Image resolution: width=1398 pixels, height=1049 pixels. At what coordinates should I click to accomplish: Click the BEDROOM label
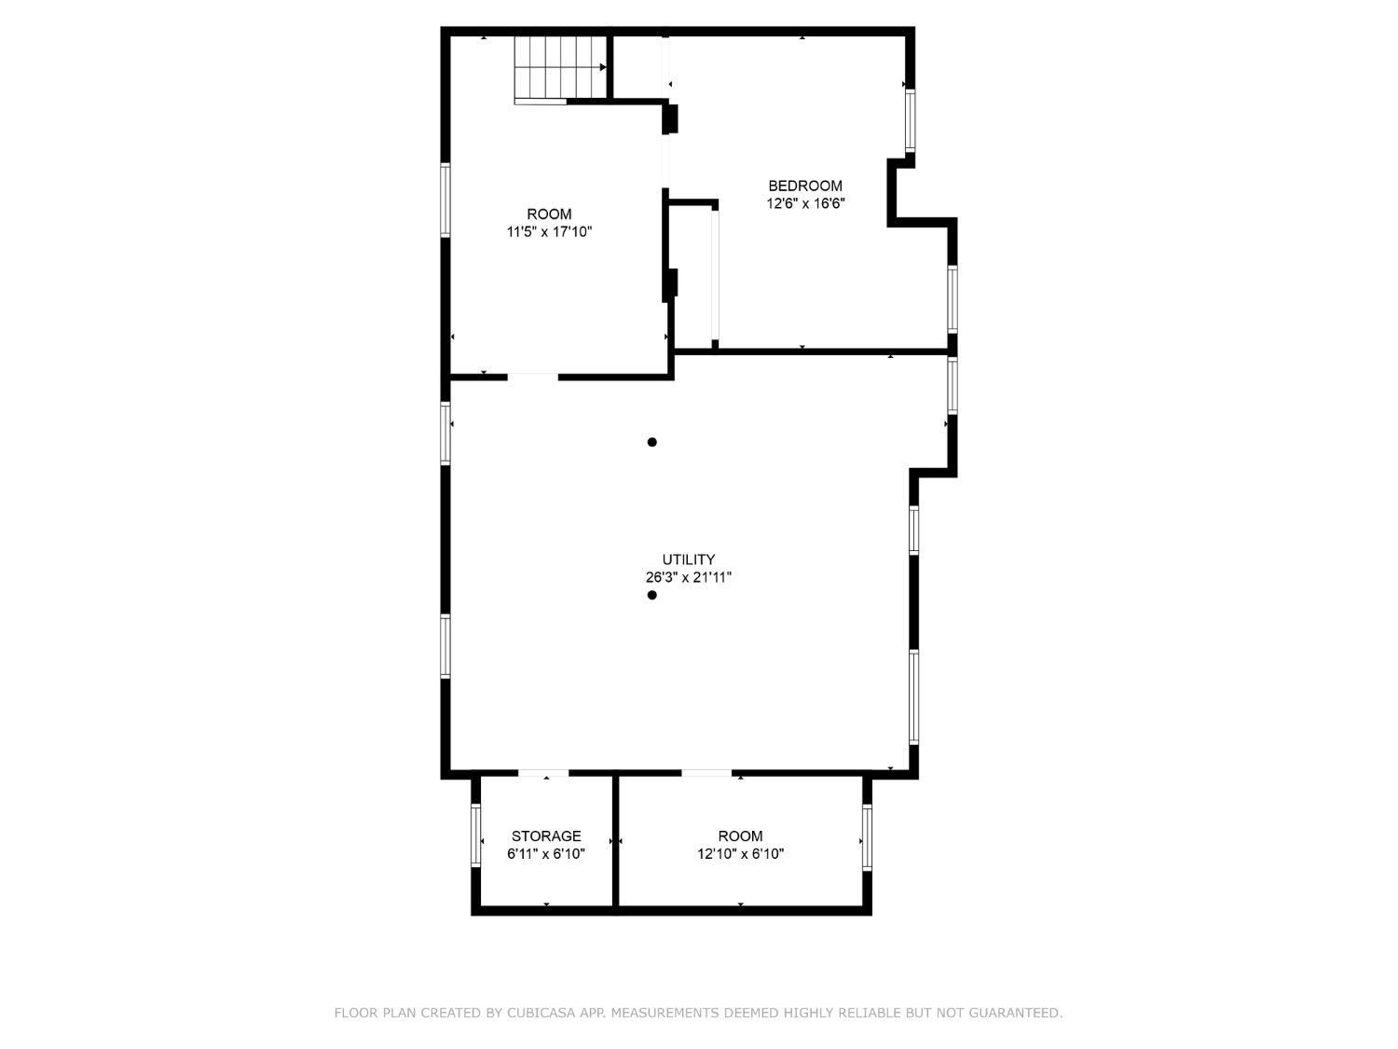[x=805, y=186]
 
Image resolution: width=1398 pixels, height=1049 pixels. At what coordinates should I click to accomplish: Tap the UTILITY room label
[x=689, y=559]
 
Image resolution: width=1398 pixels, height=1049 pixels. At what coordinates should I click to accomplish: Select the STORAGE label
[x=546, y=836]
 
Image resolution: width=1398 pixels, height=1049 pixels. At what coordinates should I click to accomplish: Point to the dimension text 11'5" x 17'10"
[x=549, y=232]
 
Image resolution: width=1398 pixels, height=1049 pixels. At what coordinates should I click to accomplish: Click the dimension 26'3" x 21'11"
[x=689, y=578]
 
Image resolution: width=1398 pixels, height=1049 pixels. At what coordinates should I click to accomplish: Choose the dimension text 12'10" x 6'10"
[x=740, y=854]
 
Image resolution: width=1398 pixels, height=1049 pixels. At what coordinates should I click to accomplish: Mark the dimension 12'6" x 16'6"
[x=805, y=204]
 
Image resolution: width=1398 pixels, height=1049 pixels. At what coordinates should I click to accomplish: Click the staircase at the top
[x=560, y=69]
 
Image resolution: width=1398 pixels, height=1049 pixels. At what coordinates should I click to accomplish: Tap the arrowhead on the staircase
[x=602, y=67]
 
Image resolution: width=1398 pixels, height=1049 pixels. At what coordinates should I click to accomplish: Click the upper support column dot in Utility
[x=651, y=442]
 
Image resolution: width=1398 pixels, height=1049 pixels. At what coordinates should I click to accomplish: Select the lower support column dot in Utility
[x=651, y=596]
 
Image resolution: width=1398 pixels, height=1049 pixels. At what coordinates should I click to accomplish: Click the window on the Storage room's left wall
[x=475, y=835]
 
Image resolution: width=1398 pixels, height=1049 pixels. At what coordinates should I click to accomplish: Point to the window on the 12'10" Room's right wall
[x=867, y=837]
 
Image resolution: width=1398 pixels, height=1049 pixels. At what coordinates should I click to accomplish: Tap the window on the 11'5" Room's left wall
[x=445, y=200]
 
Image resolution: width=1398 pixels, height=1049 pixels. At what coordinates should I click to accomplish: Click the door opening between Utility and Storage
[x=542, y=773]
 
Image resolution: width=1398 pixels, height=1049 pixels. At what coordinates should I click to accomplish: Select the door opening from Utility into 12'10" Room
[x=706, y=773]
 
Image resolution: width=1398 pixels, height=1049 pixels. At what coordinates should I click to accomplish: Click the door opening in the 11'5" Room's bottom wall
[x=532, y=377]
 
